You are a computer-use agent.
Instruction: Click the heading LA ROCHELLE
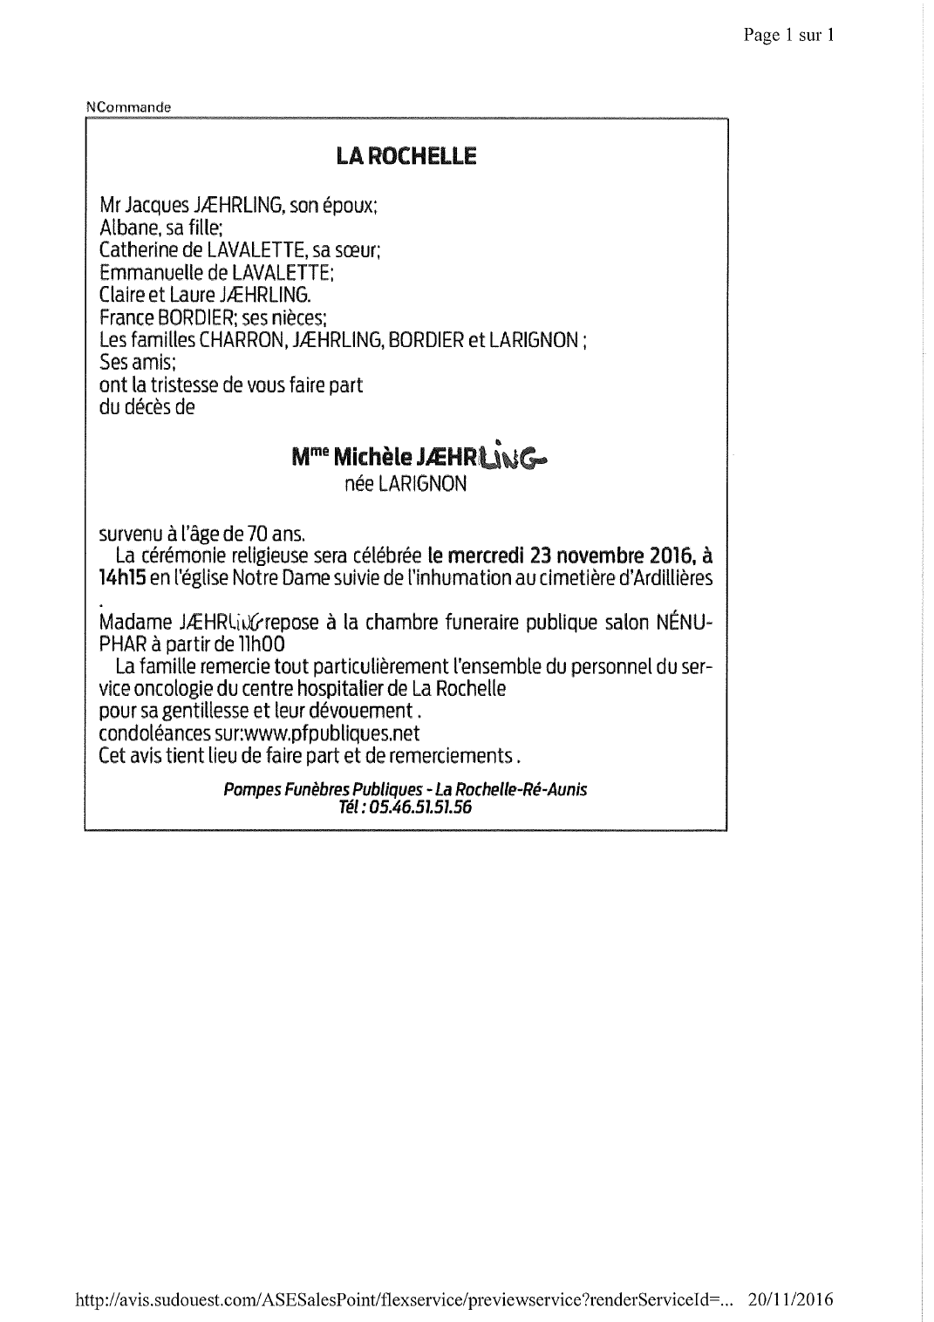point(406,157)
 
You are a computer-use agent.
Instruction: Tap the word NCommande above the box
point(128,107)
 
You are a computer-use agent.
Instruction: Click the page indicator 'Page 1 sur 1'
point(788,35)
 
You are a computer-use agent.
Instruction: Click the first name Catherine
point(139,250)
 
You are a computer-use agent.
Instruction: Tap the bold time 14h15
point(122,577)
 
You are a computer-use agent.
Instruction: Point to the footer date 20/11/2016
point(791,1300)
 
